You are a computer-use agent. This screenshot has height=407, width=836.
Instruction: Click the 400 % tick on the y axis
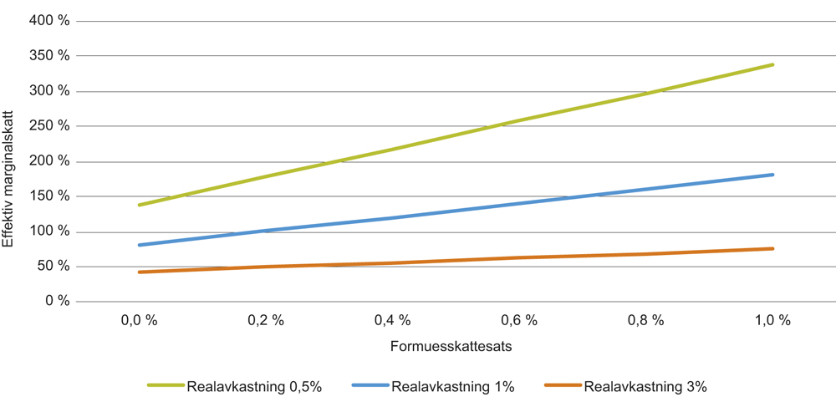pos(51,21)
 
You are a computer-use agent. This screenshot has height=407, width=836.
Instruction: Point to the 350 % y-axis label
pos(51,56)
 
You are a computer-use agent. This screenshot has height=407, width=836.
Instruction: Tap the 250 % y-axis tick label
pos(51,126)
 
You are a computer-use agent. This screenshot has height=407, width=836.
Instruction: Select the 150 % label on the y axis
pos(51,196)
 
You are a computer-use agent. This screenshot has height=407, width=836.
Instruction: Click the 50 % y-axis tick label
pos(54,267)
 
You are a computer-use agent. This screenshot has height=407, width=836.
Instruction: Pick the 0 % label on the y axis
pos(58,302)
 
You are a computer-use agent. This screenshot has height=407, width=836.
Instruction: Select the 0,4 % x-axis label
pos(392,321)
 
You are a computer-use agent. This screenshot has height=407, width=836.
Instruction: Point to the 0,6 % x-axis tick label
pos(519,321)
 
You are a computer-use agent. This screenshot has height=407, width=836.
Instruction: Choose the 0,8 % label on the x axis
pos(646,321)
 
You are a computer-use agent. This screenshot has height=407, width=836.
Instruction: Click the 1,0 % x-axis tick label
pos(773,321)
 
